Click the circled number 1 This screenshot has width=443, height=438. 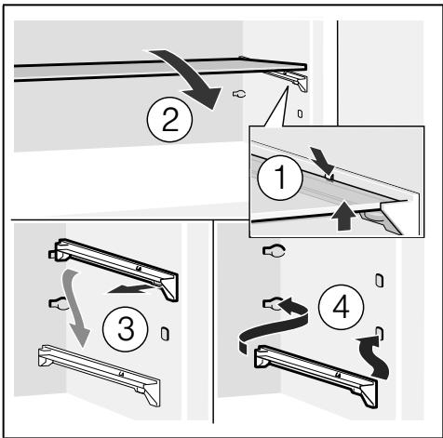coord(280,178)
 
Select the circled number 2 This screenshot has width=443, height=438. coord(169,120)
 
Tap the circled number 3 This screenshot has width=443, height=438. coord(126,329)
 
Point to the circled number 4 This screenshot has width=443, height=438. coord(341,307)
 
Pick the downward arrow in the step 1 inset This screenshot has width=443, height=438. coord(323,160)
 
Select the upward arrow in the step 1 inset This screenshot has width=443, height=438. coord(342,216)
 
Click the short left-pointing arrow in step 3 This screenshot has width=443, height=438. coord(130,289)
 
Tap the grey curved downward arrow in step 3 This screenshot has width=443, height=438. coord(75,307)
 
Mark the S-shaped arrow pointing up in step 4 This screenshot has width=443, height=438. coord(374,356)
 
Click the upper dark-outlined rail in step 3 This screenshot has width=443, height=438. coord(114,268)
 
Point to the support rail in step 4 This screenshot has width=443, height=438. coord(316,375)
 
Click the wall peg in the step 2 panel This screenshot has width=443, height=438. coord(239,93)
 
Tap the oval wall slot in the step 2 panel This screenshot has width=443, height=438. coord(300,113)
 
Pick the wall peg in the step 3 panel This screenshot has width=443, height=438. coord(58,303)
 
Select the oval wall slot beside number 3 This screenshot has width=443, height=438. coord(165,334)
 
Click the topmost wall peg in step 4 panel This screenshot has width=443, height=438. coord(275,251)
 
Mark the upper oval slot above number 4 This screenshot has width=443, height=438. coord(379,280)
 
